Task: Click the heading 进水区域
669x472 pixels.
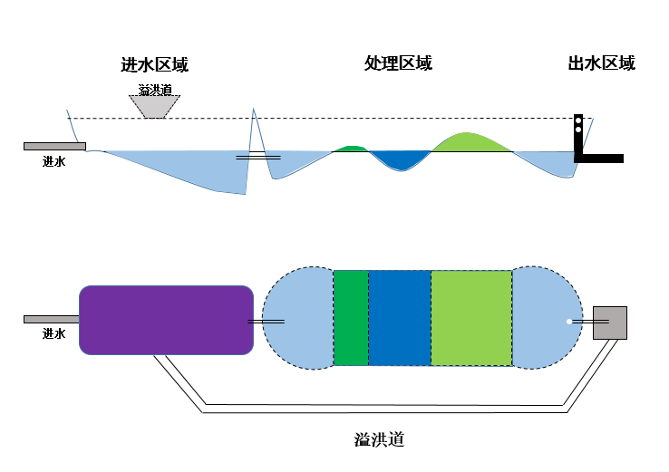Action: click(155, 64)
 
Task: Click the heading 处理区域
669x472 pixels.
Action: click(398, 63)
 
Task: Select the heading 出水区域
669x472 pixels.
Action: click(601, 63)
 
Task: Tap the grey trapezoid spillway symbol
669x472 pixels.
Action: click(156, 106)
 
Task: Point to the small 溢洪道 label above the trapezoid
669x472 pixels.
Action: click(155, 90)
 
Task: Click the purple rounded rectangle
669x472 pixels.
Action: click(166, 320)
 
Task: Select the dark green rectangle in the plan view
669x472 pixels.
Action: click(351, 318)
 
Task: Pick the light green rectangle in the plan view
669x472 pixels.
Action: click(471, 318)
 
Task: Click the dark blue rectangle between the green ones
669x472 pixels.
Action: click(399, 318)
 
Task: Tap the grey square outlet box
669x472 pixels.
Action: click(610, 323)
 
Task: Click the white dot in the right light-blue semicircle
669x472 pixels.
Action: click(569, 322)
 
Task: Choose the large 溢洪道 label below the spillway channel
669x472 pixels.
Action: click(378, 440)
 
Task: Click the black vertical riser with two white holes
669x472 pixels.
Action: click(578, 136)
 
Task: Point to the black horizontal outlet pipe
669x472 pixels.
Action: click(602, 159)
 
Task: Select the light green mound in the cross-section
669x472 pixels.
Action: click(470, 142)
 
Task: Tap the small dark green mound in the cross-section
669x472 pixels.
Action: click(351, 149)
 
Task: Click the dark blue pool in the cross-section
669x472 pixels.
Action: click(400, 159)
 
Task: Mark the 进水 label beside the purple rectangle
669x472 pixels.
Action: click(54, 333)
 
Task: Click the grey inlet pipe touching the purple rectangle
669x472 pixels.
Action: click(51, 319)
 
